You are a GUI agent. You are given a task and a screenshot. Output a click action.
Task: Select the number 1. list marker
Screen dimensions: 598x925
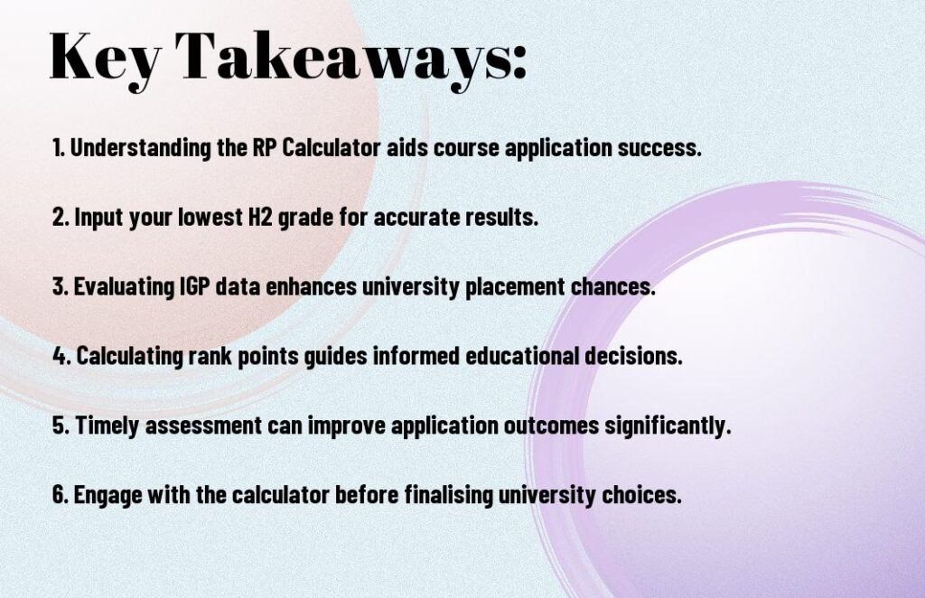tap(59, 148)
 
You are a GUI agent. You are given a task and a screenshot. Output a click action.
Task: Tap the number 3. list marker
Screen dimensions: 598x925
tap(61, 287)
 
